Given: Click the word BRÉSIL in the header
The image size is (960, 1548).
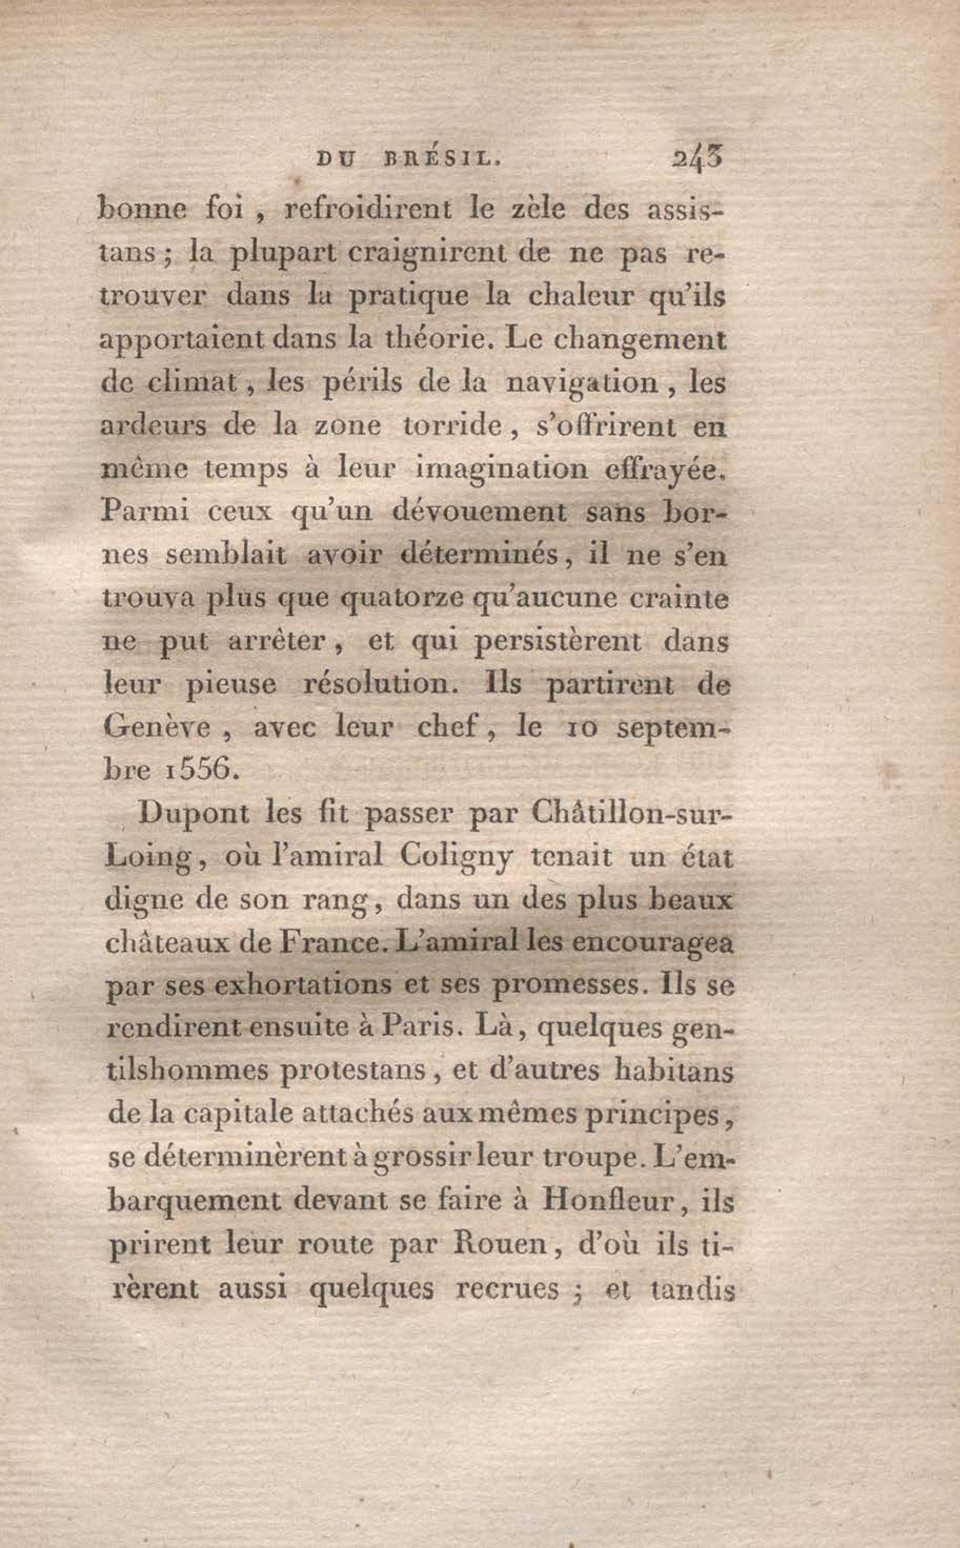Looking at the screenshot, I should pos(442,160).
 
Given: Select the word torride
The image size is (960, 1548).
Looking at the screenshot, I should pos(451,425).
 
